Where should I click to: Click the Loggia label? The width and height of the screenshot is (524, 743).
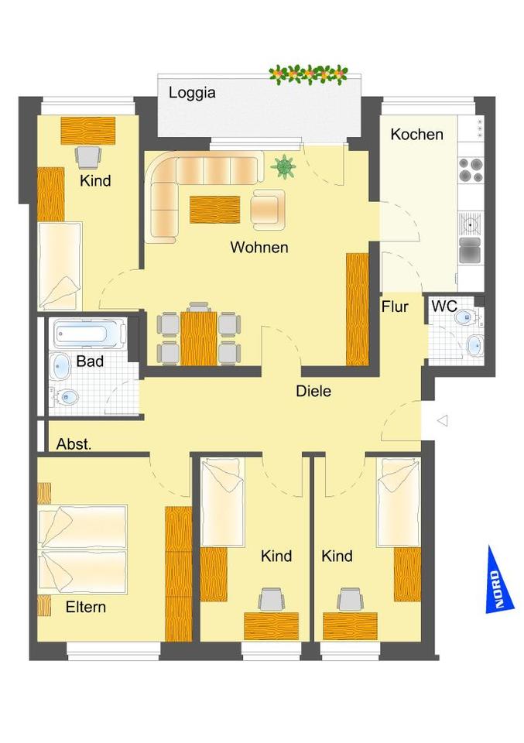pos(193,93)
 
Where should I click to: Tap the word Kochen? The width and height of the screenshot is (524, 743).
pos(416,134)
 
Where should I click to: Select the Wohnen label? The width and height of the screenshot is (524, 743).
pos(259,248)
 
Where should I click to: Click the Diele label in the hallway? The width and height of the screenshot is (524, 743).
pos(313,392)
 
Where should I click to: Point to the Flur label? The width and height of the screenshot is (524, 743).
pos(395,306)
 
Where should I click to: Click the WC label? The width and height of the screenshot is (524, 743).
pos(444,306)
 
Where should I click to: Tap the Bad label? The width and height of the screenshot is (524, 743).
pos(90,361)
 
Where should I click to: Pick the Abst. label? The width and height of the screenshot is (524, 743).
pos(74,445)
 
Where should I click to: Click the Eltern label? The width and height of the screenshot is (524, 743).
pos(85,607)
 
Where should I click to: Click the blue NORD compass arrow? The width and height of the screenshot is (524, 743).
pos(495,580)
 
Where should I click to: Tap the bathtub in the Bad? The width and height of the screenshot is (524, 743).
pos(90,334)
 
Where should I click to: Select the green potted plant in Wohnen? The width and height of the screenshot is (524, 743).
pos(284,166)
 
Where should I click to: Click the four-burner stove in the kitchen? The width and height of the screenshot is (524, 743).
pos(471,169)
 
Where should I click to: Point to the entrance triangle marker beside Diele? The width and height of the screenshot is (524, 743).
pos(443,420)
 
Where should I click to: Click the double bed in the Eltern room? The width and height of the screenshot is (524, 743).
pos(83,550)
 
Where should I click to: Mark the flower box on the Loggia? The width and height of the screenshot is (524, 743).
pos(309,74)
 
